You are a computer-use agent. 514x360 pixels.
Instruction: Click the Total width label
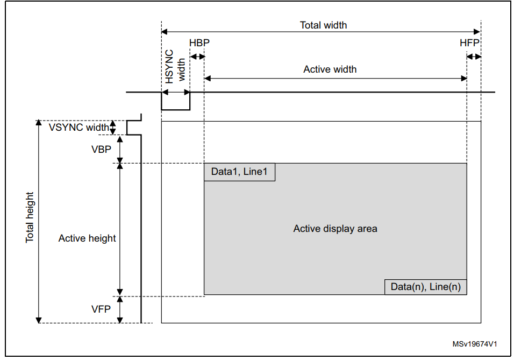[x=323, y=25]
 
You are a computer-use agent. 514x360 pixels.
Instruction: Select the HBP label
[x=199, y=43]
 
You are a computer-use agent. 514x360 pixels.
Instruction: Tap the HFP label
[x=469, y=43]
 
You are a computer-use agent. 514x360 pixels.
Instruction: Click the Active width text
[x=330, y=69]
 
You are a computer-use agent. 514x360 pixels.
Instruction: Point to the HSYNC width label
[x=175, y=67]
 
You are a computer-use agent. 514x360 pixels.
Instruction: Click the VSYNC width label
[x=78, y=128]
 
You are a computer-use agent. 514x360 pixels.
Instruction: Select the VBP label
[x=101, y=149]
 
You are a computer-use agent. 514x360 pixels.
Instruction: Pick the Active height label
[x=87, y=238]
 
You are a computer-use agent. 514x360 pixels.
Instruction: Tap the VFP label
[x=101, y=309]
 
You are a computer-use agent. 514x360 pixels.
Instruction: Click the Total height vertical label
[x=30, y=217]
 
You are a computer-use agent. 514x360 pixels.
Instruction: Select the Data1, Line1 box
[x=240, y=172]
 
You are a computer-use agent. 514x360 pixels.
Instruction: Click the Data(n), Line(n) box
[x=425, y=287]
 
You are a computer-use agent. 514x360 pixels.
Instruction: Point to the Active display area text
[x=335, y=229]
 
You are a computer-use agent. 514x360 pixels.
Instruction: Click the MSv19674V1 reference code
[x=475, y=344]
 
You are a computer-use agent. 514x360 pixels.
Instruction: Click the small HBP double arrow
[x=197, y=57]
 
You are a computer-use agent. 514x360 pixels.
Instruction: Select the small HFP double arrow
[x=474, y=57]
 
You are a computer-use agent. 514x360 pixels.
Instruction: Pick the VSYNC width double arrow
[x=113, y=128]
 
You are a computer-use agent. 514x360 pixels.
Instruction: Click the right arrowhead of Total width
[x=477, y=32]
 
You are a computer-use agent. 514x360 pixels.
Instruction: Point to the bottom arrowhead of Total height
[x=39, y=320]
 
